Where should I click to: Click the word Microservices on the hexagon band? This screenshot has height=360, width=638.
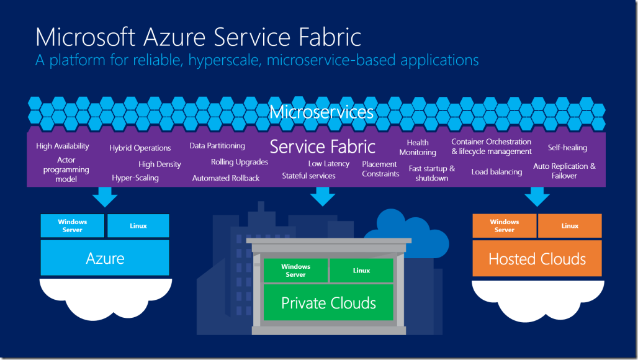321,112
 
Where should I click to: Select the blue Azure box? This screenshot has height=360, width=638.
105,258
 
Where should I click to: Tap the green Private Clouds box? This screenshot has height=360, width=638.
328,303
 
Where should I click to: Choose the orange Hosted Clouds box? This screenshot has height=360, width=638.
537,259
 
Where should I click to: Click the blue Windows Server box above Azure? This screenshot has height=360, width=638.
73,226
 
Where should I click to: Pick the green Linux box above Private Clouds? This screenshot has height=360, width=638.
361,271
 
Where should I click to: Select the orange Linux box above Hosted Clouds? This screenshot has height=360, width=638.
570,226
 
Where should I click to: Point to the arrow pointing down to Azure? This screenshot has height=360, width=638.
104,197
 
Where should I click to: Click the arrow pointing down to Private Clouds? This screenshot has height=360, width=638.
323,196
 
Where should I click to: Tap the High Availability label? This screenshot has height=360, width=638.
63,146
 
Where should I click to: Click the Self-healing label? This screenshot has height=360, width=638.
567,148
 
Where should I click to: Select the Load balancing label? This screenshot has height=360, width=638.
496,172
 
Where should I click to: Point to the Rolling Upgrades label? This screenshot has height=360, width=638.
240,162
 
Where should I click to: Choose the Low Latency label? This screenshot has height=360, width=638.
329,164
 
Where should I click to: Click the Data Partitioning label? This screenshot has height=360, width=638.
217,146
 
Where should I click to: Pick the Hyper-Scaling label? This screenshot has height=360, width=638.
135,178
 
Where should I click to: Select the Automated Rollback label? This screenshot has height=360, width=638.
226,178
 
